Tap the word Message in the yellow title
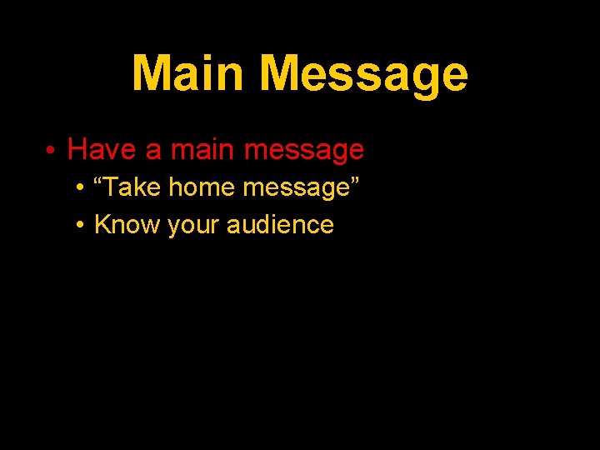pyautogui.click(x=363, y=75)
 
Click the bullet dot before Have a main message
pyautogui.click(x=51, y=150)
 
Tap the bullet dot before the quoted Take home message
pyautogui.click(x=78, y=188)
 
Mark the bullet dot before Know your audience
pyautogui.click(x=78, y=225)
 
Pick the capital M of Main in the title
pyautogui.click(x=151, y=73)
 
